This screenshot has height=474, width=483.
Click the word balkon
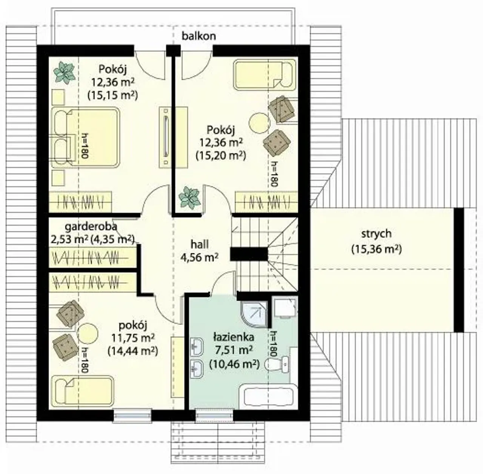[199, 36]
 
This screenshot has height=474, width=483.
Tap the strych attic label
[376, 234]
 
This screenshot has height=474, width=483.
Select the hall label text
[200, 245]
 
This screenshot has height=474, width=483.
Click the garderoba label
[91, 227]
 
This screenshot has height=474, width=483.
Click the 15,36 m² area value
[377, 249]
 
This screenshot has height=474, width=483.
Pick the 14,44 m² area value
[133, 351]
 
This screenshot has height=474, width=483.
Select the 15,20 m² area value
[221, 155]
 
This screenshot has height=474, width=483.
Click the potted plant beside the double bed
[64, 73]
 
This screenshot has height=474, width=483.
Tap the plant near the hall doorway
[190, 198]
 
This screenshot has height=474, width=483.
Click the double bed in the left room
[86, 137]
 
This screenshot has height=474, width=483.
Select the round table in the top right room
[259, 123]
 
